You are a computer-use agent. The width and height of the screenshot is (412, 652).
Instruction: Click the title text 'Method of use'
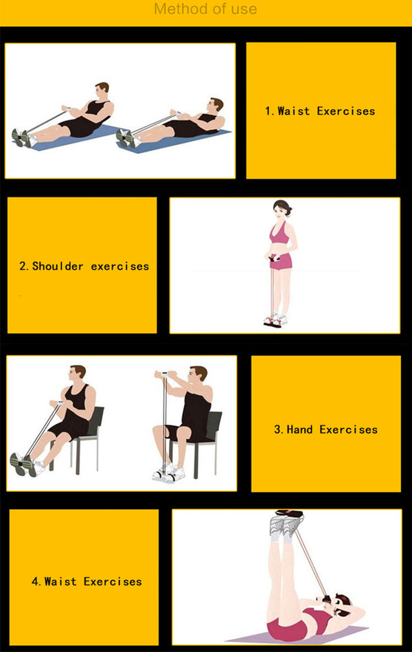click(205, 10)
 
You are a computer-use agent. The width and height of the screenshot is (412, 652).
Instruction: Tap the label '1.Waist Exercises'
click(320, 111)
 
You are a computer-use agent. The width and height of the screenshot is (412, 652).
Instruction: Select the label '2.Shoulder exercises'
click(84, 266)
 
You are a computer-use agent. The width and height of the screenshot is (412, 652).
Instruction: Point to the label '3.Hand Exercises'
click(325, 429)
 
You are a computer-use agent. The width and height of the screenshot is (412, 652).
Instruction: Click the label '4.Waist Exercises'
click(87, 581)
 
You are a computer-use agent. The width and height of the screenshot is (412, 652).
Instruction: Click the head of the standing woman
click(282, 209)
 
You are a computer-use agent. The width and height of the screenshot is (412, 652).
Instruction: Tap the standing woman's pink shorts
click(282, 260)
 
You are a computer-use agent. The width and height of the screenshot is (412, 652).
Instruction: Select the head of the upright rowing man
click(102, 91)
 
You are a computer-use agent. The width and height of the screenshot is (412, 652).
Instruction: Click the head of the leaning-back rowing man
click(216, 105)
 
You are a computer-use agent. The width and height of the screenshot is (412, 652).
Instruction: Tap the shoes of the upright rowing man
click(22, 138)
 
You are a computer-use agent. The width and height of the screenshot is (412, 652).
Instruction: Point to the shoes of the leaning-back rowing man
click(127, 138)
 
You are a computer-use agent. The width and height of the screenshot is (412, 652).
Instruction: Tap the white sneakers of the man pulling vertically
click(168, 473)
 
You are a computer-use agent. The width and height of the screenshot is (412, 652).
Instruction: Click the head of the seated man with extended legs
click(78, 374)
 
